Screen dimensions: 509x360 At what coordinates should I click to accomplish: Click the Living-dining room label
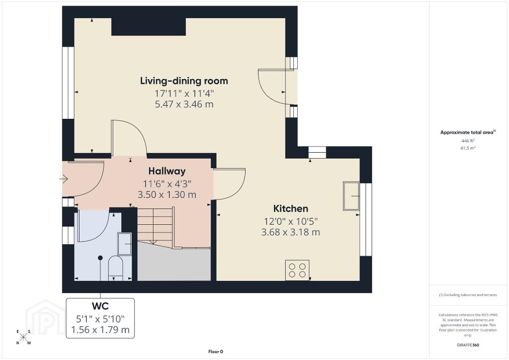coord(184,81)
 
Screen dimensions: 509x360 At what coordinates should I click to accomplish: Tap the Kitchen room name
coord(290,208)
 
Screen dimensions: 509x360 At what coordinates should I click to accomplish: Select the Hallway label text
coord(167,171)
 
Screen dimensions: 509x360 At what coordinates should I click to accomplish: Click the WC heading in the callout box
coord(100,306)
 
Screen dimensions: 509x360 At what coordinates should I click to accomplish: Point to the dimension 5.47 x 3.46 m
coord(184,104)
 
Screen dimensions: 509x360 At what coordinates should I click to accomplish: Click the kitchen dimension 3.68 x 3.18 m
coord(290,232)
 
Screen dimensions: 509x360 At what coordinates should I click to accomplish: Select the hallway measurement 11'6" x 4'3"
coord(167,184)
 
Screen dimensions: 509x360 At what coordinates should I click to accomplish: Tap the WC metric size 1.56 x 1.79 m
coord(100,330)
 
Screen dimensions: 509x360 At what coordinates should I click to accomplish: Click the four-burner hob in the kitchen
coord(297,270)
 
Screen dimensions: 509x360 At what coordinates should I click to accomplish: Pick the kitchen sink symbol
coord(351,196)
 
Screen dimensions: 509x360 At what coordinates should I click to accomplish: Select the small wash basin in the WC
coord(125,244)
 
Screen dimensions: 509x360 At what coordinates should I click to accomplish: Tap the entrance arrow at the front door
coord(64,179)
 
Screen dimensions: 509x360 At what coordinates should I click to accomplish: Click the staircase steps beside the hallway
coord(156,228)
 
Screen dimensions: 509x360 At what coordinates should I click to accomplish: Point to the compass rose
coord(23,337)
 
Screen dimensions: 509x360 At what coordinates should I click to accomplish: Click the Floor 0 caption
coord(216,352)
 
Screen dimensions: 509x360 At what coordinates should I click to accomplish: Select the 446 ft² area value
coord(468,141)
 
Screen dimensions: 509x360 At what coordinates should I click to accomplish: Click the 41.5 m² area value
coord(468,148)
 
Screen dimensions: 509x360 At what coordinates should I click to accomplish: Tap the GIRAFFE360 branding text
coord(468,345)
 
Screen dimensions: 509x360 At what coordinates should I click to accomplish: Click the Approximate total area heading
coord(468,132)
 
